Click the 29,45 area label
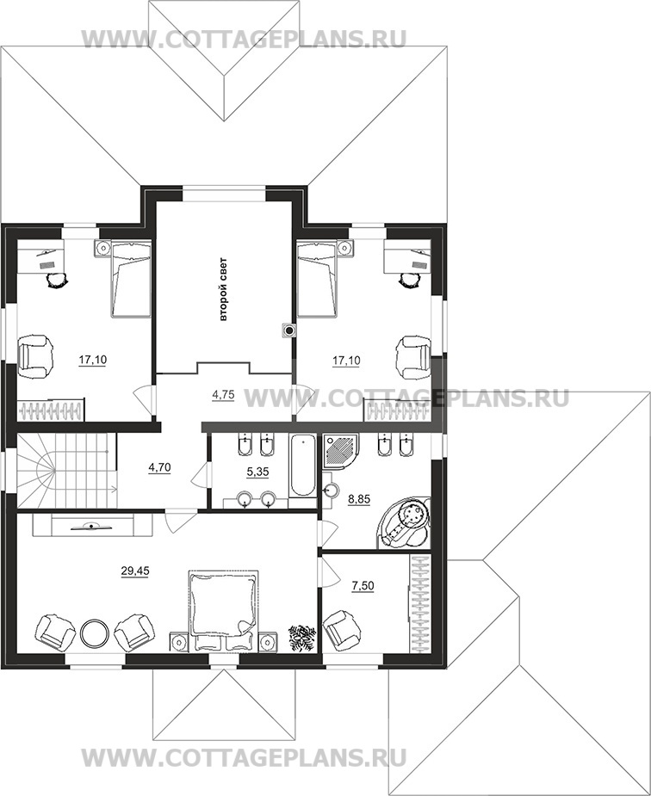[x=135, y=571]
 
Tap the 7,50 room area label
[x=363, y=586]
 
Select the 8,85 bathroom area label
[x=360, y=499]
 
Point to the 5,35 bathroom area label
[x=258, y=472]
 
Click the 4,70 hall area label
[x=159, y=467]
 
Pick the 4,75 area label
[x=223, y=395]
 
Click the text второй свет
[x=223, y=290]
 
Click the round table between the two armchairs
[x=94, y=632]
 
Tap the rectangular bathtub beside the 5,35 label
[x=302, y=466]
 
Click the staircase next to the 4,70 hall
[x=66, y=470]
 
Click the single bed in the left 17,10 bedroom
[x=131, y=279]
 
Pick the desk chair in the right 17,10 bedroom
[x=409, y=280]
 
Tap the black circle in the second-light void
[x=289, y=331]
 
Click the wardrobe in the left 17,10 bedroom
[x=51, y=410]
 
